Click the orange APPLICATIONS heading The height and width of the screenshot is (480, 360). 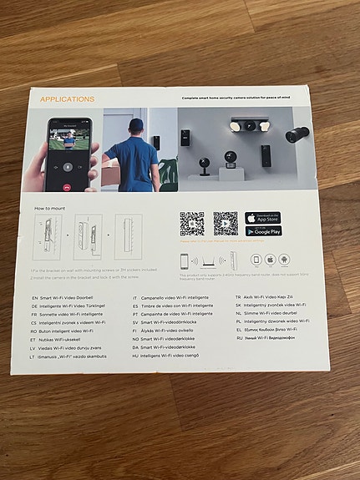pos(67,99)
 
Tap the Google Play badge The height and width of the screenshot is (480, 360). pos(264,231)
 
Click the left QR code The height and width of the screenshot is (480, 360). pos(191,223)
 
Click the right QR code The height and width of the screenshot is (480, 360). pos(225,223)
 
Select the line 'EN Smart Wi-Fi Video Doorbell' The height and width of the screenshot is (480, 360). pos(70,297)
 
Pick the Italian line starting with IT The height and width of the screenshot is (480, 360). pos(176,296)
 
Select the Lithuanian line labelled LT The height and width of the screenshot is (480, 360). pos(70,356)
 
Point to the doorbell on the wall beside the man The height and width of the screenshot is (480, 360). pos(156,142)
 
